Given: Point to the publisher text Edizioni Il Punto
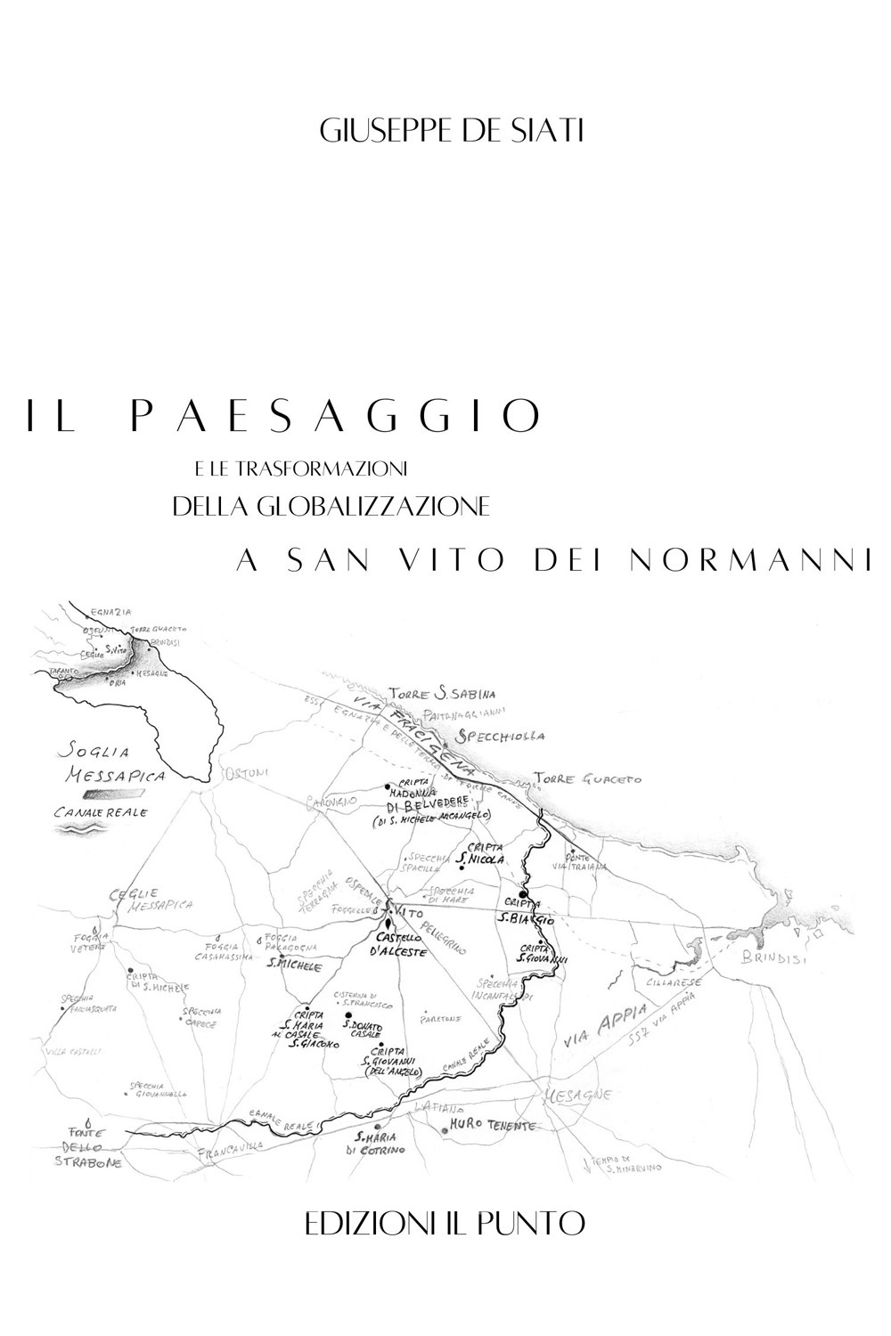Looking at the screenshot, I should (445, 1223).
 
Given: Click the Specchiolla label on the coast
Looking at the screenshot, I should (499, 737).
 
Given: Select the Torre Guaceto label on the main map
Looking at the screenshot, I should (587, 778).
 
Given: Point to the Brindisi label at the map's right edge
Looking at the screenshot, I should (772, 959).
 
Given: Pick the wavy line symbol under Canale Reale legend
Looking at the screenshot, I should (82, 827).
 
